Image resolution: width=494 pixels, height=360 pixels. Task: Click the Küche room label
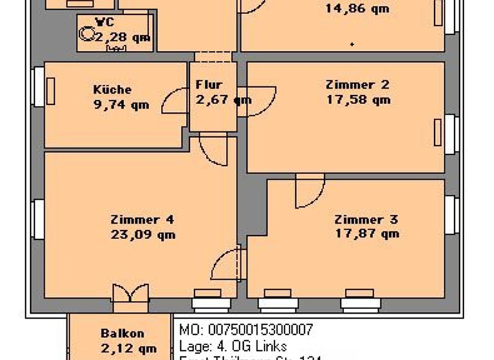[112, 89]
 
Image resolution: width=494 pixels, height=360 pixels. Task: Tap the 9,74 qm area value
[121, 105]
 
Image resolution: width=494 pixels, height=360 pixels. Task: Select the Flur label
[209, 84]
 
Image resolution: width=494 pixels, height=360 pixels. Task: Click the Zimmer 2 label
[358, 84]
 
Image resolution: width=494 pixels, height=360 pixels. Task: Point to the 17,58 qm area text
[358, 100]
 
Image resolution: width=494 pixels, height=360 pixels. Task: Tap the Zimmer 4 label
[142, 219]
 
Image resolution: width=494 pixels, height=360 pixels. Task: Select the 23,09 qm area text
[142, 234]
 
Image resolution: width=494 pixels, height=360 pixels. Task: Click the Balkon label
[122, 334]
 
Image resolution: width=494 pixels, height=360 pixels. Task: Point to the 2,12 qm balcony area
[129, 349]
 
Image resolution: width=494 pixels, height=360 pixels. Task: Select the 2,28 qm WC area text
[123, 37]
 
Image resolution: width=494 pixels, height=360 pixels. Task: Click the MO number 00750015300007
[246, 330]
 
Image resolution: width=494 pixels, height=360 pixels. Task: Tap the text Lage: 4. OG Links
[233, 346]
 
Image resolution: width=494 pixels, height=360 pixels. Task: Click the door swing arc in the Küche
[175, 102]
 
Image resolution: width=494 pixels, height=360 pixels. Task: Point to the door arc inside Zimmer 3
[309, 193]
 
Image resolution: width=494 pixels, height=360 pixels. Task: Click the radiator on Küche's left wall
[50, 91]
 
